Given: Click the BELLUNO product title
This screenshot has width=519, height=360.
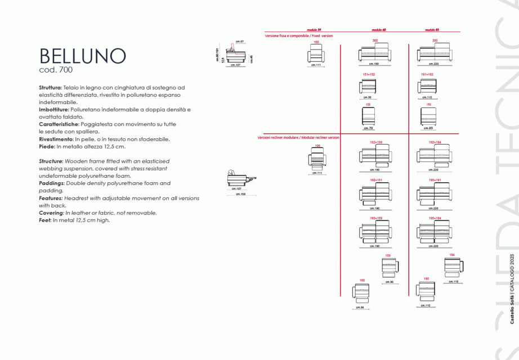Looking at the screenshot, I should click(83, 56).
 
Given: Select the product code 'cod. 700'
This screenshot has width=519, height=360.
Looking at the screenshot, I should click(56, 70).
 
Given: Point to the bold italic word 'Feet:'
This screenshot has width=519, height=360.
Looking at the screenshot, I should click(45, 220).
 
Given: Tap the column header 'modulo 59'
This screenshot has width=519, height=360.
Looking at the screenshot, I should click(314, 29).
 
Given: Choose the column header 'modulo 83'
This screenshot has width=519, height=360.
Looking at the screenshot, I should click(432, 29).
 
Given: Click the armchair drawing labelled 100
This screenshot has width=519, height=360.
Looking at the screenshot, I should click(316, 55).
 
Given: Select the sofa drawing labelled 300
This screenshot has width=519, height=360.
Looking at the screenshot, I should click(375, 54).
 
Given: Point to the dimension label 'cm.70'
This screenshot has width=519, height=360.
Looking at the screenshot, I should click(368, 128).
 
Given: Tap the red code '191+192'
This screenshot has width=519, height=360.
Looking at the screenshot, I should click(427, 74).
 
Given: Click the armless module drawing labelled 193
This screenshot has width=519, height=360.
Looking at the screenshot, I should click(428, 116).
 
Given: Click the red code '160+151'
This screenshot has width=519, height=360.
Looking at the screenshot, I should click(376, 180).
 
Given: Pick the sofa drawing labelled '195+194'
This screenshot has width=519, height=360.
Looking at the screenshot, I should click(435, 232).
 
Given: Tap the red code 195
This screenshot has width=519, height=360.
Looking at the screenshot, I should click(426, 278).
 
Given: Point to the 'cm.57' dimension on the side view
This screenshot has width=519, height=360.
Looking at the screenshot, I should click(239, 42).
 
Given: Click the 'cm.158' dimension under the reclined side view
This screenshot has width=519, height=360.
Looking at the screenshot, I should click(239, 194).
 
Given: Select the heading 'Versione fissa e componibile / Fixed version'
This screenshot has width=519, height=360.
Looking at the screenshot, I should click(299, 35).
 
